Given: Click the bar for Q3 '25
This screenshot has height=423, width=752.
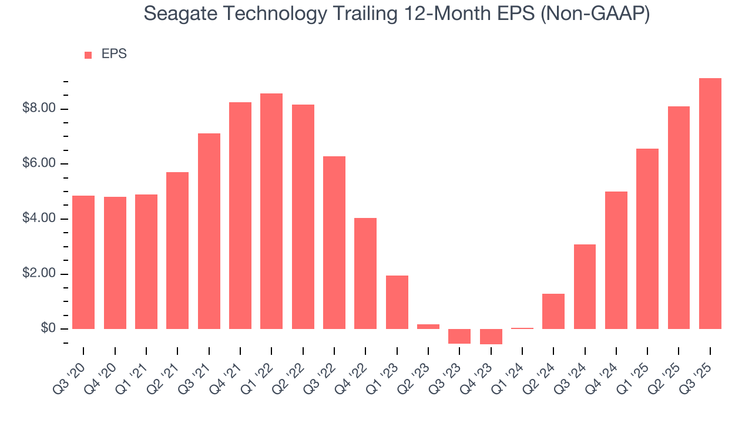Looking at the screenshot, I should [x=710, y=203].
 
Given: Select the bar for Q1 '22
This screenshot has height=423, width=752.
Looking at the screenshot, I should [x=271, y=211].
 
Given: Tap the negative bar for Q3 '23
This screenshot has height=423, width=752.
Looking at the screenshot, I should [x=459, y=336].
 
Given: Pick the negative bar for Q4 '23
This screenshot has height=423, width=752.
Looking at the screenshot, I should [x=491, y=337].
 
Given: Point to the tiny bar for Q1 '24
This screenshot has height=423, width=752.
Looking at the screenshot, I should [x=522, y=328].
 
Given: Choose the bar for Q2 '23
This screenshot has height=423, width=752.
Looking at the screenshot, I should [x=428, y=326].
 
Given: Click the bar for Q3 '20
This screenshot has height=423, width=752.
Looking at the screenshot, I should [x=83, y=262].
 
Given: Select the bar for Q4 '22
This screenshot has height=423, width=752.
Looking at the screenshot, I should [x=365, y=273].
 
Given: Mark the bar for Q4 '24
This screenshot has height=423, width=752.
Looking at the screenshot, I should [x=616, y=260].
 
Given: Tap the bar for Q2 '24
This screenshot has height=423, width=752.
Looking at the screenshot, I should [x=553, y=311].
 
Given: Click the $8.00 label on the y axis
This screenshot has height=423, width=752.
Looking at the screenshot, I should [x=39, y=109].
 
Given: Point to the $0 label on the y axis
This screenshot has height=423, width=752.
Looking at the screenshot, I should [x=48, y=328].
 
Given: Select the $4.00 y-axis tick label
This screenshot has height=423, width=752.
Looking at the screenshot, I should [x=39, y=219].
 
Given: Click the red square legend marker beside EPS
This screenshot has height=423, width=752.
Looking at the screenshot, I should [x=88, y=55].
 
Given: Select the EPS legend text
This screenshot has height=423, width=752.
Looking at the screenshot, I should [x=114, y=54].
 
